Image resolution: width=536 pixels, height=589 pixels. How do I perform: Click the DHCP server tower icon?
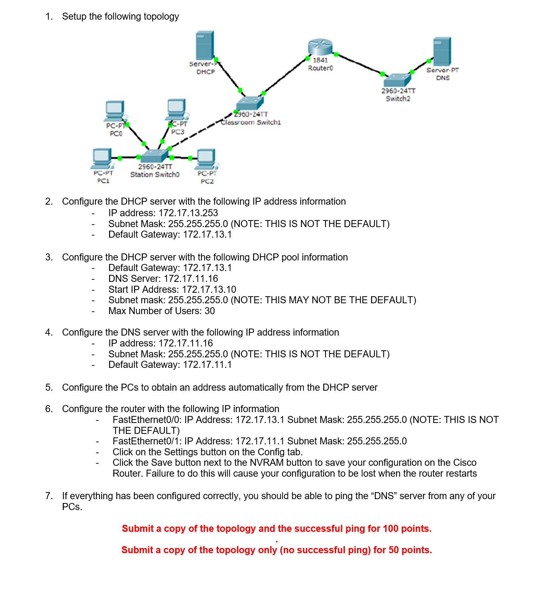205,45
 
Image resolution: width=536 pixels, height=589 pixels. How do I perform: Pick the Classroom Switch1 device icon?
249,103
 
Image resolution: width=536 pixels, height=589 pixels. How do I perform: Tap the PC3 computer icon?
177,109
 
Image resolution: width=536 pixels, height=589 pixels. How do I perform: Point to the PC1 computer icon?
102,158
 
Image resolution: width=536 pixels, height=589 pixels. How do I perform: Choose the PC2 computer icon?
206,159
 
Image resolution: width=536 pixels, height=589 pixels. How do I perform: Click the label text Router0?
320,68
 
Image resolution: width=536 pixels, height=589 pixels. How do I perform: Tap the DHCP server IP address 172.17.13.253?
188,213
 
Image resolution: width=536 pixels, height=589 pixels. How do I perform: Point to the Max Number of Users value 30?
210,311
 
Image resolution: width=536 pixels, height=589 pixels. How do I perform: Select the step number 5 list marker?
49,388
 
